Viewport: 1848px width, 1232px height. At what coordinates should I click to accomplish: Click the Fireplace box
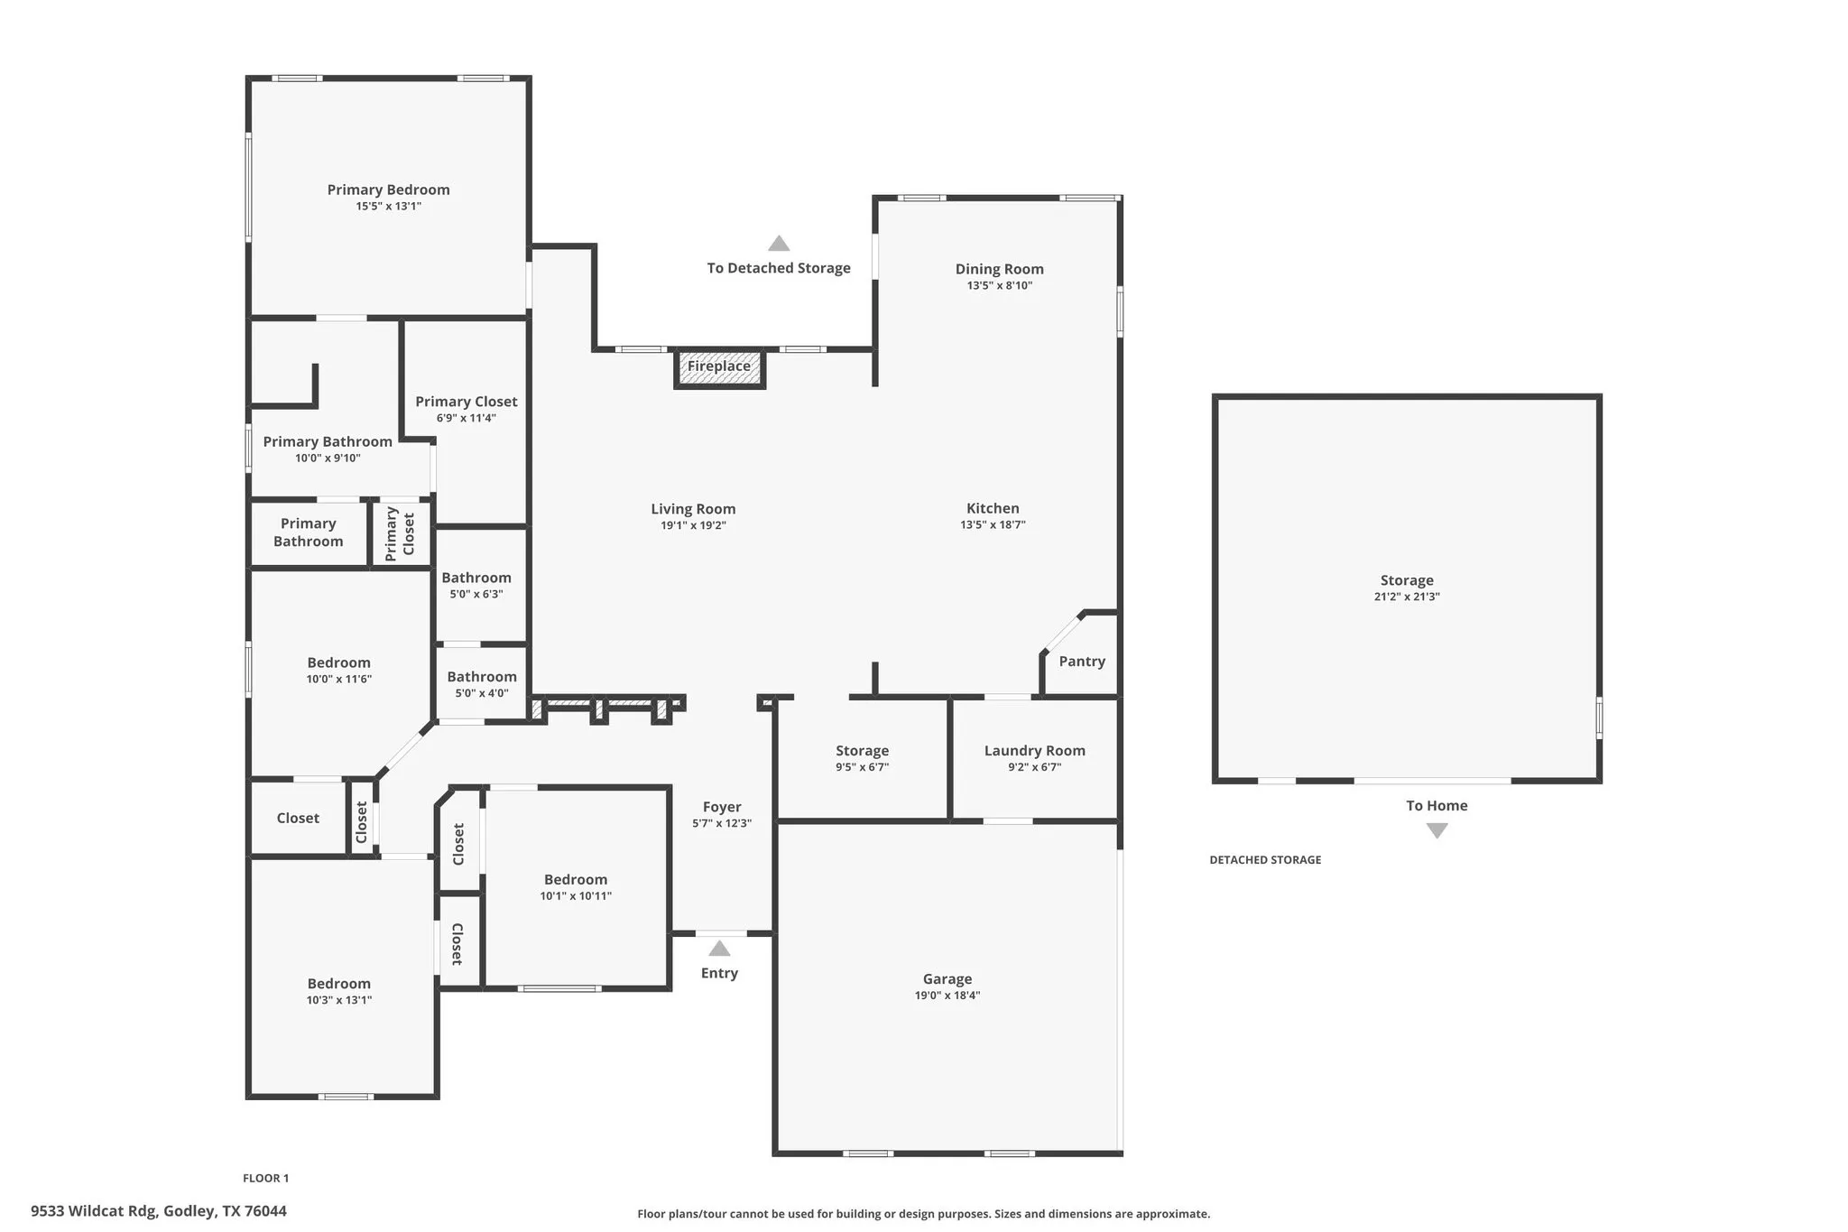click(x=719, y=367)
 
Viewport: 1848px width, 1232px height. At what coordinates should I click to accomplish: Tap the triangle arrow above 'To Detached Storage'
click(x=779, y=244)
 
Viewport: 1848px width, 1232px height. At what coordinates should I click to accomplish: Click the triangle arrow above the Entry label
click(x=719, y=949)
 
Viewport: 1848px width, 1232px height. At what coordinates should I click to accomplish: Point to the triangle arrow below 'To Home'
click(x=1437, y=830)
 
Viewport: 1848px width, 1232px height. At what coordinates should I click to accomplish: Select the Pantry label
click(x=1082, y=662)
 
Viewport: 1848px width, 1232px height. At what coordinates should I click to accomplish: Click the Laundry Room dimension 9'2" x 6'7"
click(x=1034, y=767)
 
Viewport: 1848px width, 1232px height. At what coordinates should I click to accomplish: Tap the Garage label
click(x=947, y=979)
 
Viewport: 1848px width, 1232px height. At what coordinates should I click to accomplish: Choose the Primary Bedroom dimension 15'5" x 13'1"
click(x=388, y=207)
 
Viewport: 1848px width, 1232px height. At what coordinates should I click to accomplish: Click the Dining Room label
click(x=999, y=269)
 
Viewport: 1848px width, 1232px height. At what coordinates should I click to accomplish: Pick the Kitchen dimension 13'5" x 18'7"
click(x=993, y=525)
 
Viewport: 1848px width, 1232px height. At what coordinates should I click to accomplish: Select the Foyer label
click(x=722, y=808)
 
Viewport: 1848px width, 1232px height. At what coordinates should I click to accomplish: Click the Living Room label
click(x=693, y=509)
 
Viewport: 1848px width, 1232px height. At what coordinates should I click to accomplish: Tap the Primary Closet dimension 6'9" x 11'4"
click(x=466, y=418)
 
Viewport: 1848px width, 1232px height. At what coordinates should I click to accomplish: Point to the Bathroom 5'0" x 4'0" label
click(x=482, y=677)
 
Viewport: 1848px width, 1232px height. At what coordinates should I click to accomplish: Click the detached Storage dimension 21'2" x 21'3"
click(x=1406, y=597)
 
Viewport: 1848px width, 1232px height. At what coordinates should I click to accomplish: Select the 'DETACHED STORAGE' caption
click(x=1265, y=860)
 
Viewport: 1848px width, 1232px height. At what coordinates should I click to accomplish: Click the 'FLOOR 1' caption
click(x=265, y=1178)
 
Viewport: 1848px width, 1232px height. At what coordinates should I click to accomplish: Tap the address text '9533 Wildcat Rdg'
click(x=94, y=1211)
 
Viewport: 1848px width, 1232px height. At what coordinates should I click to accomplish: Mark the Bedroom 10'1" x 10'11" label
click(x=576, y=880)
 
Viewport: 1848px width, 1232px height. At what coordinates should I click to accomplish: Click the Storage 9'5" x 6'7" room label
click(x=862, y=751)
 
